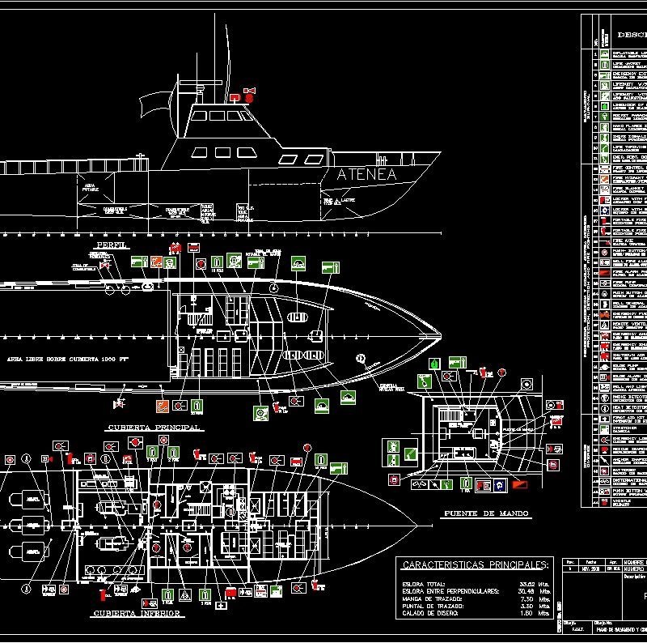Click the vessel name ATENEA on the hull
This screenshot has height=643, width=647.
pyautogui.click(x=366, y=175)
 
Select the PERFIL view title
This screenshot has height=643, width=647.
pyautogui.click(x=112, y=245)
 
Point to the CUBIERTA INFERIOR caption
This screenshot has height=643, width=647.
pyautogui.click(x=137, y=613)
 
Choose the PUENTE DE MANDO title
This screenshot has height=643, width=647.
pyautogui.click(x=485, y=513)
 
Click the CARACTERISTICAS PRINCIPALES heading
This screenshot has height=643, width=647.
pyautogui.click(x=475, y=564)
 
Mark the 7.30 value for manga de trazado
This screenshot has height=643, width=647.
pyautogui.click(x=526, y=598)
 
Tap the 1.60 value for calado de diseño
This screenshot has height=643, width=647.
pyautogui.click(x=526, y=613)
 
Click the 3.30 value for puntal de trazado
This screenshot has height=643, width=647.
pyautogui.click(x=526, y=606)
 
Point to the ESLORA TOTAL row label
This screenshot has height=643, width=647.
pyautogui.click(x=424, y=583)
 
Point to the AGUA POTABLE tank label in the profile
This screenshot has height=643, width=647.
pyautogui.click(x=91, y=187)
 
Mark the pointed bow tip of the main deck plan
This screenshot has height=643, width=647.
pyautogui.click(x=441, y=334)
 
